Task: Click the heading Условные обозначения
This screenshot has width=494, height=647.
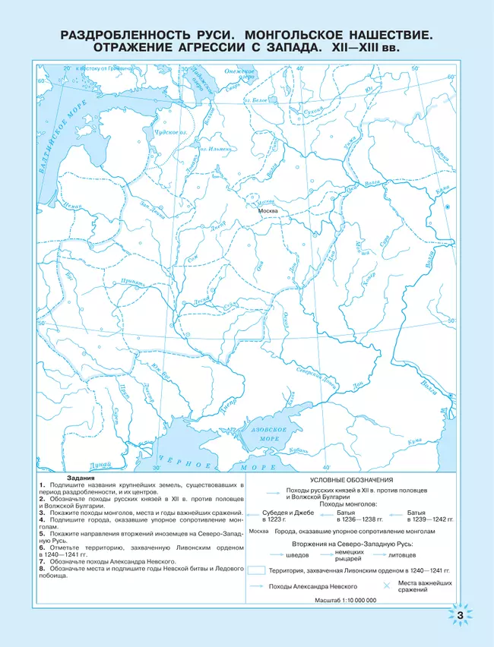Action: [x=351, y=481]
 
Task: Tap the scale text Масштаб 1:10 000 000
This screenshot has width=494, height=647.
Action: [x=346, y=600]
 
